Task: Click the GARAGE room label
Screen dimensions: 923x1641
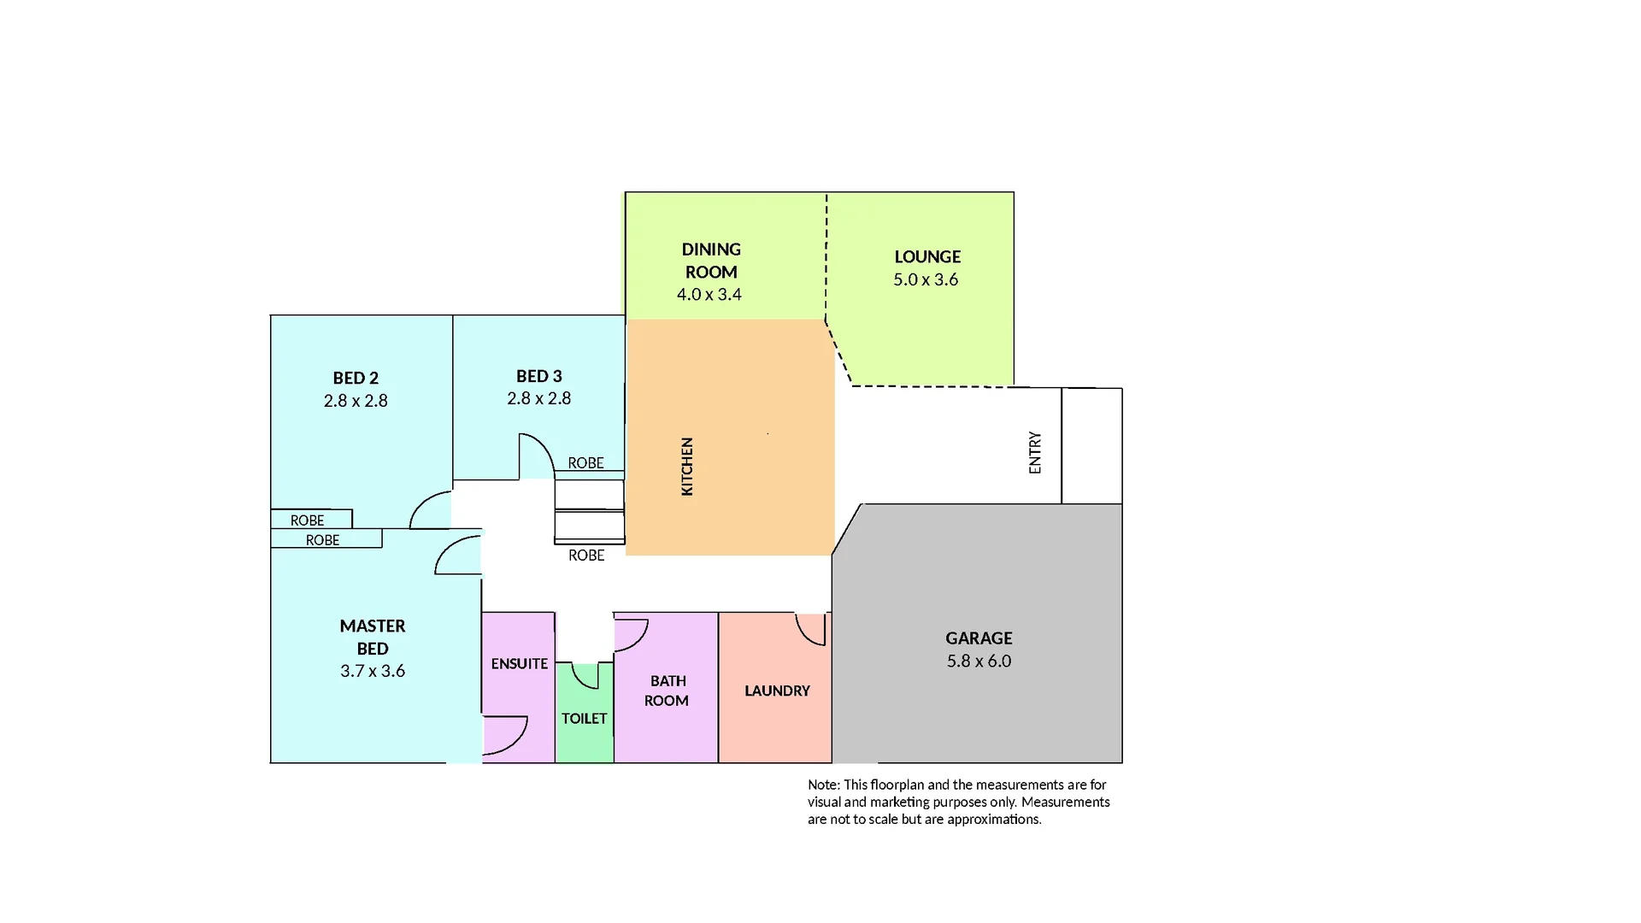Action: pyautogui.click(x=979, y=638)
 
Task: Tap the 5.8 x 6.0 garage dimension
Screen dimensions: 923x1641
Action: pyautogui.click(x=979, y=661)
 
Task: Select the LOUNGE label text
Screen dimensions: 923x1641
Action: pyautogui.click(x=927, y=256)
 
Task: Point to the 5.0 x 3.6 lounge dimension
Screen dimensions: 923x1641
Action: pyautogui.click(x=926, y=279)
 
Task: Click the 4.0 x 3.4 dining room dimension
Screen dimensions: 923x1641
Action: pyautogui.click(x=709, y=294)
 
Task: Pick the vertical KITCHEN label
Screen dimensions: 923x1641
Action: pyautogui.click(x=687, y=467)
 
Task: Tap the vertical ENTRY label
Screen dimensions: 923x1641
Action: pyautogui.click(x=1035, y=452)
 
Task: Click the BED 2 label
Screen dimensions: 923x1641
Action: pyautogui.click(x=356, y=378)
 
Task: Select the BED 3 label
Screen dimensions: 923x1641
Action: pyautogui.click(x=539, y=376)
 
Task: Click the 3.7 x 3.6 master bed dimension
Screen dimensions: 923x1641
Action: pyautogui.click(x=373, y=671)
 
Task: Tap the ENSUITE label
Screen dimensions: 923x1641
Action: pyautogui.click(x=520, y=663)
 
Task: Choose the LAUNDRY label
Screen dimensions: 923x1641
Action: pyautogui.click(x=777, y=691)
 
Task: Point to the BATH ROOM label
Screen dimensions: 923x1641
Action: pyautogui.click(x=667, y=691)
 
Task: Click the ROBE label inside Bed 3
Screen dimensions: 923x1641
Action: pyautogui.click(x=585, y=463)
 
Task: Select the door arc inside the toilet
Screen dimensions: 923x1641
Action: pyautogui.click(x=585, y=678)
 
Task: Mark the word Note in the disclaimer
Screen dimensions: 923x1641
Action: pyautogui.click(x=823, y=785)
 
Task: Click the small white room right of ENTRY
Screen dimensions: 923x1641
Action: pyautogui.click(x=1091, y=445)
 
